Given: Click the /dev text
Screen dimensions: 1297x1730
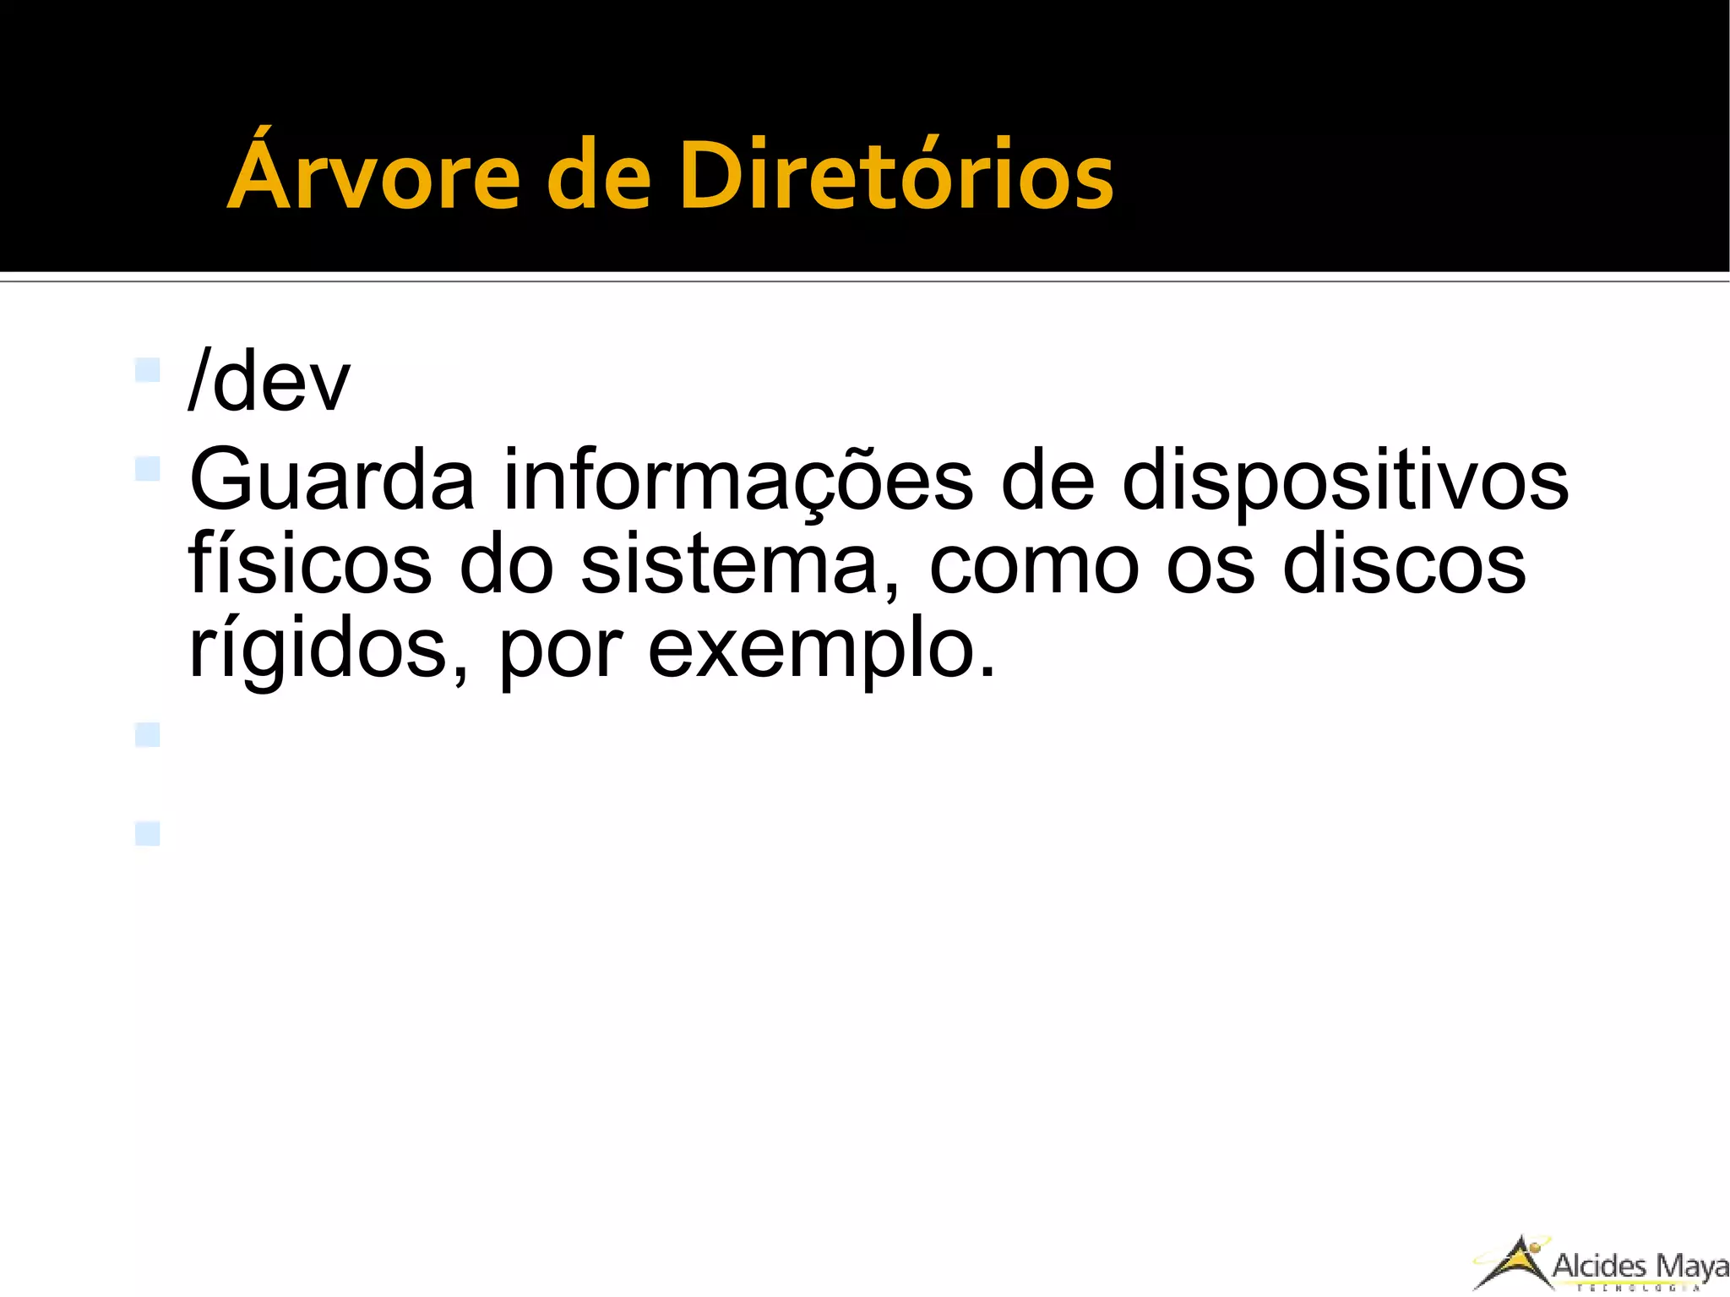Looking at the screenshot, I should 269,382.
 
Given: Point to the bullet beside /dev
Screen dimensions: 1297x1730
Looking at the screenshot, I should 147,370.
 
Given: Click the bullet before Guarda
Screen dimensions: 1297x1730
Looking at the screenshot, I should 147,468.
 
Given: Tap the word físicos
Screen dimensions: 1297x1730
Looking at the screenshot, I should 309,564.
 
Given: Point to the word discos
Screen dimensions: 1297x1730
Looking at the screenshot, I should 1403,564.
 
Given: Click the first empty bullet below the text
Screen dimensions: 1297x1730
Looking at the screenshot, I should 147,734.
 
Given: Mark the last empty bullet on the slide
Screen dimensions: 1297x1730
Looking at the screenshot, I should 147,834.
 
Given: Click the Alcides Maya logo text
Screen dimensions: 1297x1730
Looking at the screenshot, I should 1639,1266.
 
